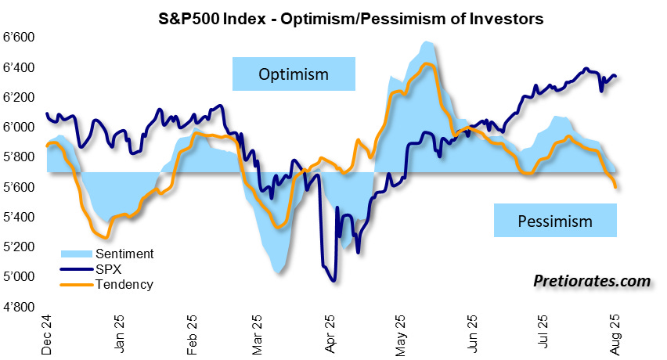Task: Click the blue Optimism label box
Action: coord(294,74)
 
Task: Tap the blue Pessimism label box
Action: coord(555,221)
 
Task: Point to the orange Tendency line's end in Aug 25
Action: coord(617,186)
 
